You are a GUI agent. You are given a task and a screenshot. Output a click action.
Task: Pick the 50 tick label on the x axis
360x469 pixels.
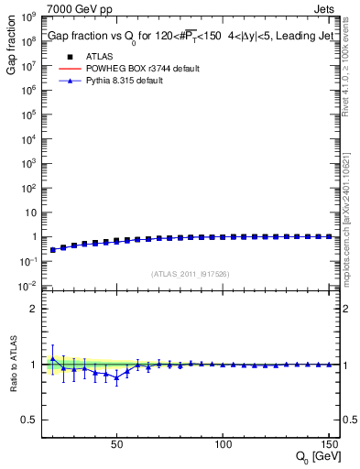(x=116, y=442)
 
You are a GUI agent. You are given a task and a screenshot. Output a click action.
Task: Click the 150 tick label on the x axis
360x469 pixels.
(x=328, y=442)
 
